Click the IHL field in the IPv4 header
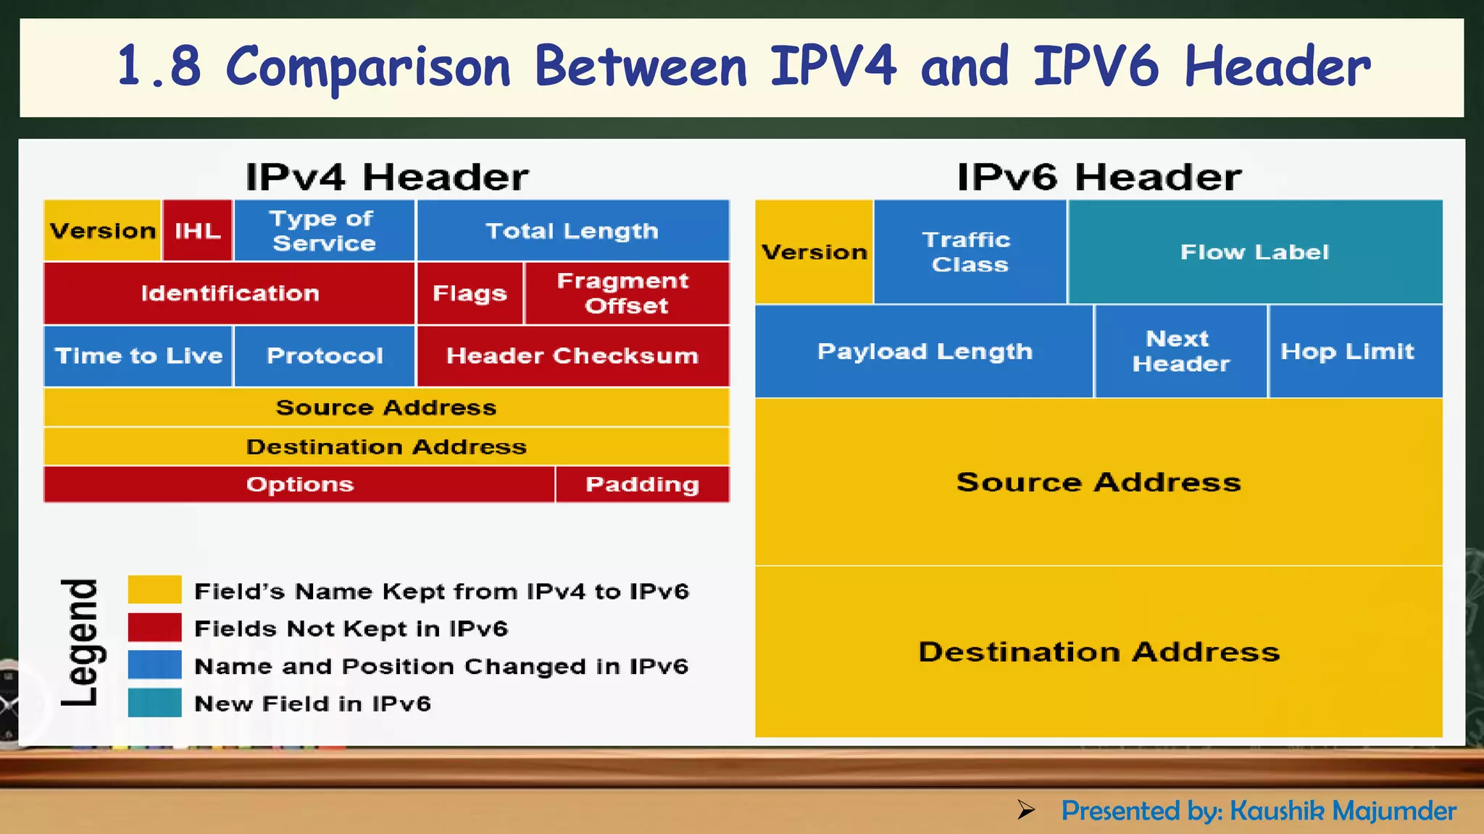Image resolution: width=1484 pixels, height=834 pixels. [x=197, y=231]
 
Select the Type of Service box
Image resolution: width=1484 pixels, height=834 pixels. [x=324, y=231]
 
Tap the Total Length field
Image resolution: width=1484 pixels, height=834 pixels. [x=572, y=231]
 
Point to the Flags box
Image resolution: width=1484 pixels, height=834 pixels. [x=470, y=293]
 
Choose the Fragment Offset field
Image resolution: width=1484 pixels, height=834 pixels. [x=626, y=293]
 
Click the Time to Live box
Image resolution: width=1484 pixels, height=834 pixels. [x=138, y=355]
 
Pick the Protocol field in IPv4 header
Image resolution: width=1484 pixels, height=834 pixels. [x=324, y=355]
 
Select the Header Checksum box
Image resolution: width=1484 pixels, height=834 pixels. [x=572, y=355]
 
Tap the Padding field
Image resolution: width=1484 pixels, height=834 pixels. [x=642, y=484]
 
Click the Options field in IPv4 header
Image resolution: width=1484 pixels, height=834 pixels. [x=299, y=484]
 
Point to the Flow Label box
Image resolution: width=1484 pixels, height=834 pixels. [x=1254, y=252]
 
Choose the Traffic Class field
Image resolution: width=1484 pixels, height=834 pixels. [x=970, y=252]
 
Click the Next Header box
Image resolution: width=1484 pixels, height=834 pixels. [x=1180, y=351]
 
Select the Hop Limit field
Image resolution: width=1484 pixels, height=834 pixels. [x=1348, y=351]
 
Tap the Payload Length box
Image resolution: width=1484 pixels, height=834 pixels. [x=924, y=351]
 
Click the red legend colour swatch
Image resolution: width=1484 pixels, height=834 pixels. [x=154, y=627]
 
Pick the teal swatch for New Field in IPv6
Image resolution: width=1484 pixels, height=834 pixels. [x=154, y=702]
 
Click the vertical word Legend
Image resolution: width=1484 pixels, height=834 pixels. [x=80, y=643]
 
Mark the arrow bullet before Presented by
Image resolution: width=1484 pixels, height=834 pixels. [x=1025, y=809]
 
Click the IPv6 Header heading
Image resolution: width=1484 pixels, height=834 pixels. [x=1099, y=177]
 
